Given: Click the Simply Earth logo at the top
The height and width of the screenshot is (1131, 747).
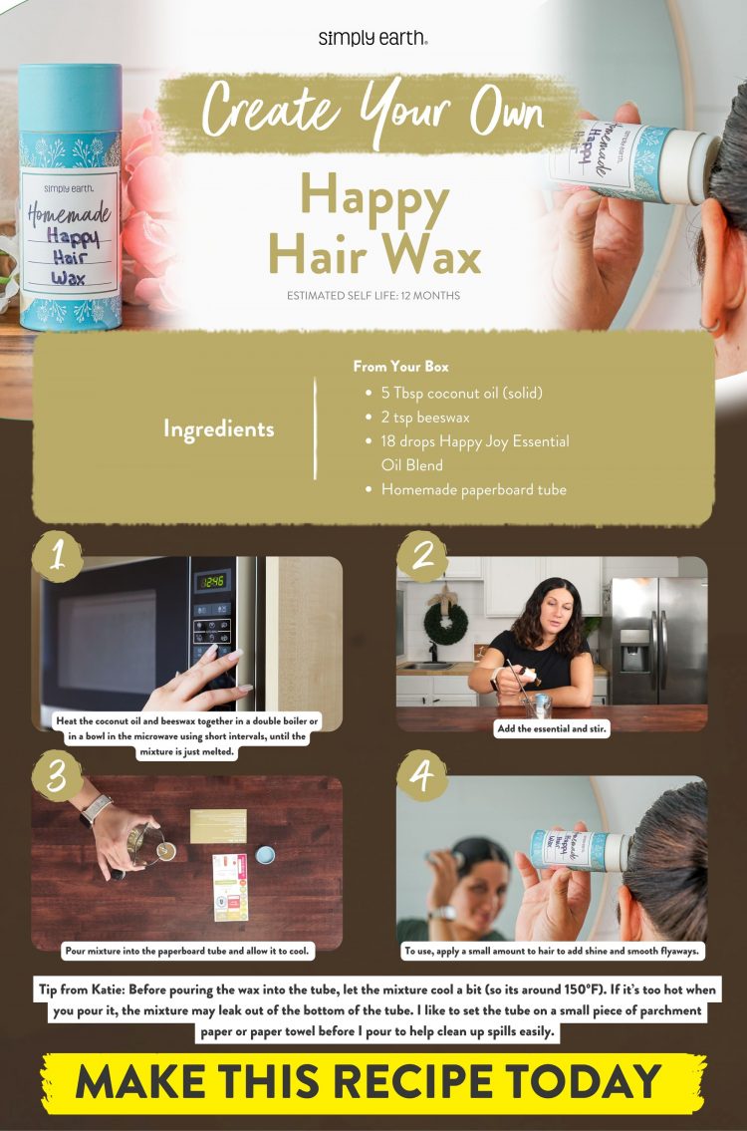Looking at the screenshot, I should click(373, 38).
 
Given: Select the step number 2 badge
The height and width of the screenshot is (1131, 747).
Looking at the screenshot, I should click(423, 556).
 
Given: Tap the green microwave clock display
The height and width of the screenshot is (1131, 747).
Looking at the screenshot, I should click(211, 581).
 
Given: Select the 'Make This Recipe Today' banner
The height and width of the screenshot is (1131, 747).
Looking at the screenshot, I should click(373, 1082).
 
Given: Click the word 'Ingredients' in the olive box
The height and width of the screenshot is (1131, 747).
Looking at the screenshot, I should click(219, 429).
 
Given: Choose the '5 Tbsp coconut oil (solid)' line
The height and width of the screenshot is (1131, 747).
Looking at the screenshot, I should click(461, 393).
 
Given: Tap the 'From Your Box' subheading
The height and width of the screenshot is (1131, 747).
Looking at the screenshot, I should click(400, 367).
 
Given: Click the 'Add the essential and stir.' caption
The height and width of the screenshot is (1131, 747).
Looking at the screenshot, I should click(552, 729).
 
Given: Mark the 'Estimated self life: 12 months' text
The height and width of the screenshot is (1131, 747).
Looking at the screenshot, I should click(373, 296).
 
